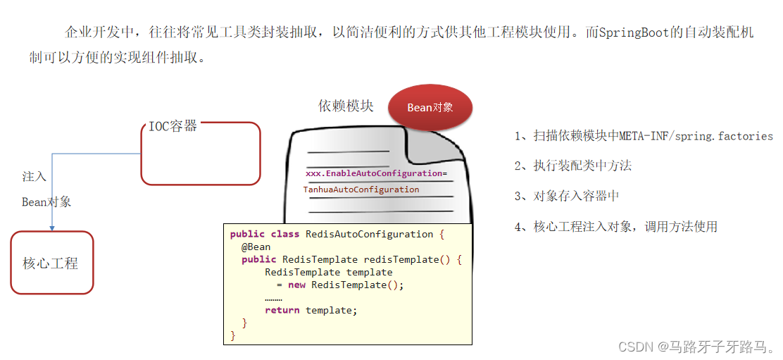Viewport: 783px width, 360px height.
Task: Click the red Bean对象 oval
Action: coord(430,108)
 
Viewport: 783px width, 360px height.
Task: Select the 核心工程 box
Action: coord(52,263)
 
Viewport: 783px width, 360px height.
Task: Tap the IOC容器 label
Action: coord(173,127)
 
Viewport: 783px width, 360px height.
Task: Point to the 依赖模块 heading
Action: coord(346,106)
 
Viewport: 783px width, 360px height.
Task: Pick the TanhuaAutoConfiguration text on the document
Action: coord(361,190)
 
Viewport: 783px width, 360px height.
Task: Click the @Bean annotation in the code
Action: coord(256,247)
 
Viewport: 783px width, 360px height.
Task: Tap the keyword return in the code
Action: coord(282,310)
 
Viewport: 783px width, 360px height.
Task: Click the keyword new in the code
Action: coord(296,285)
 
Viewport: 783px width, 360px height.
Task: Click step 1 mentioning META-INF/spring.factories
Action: coord(644,136)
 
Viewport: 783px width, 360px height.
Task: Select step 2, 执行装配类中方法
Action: coord(572,166)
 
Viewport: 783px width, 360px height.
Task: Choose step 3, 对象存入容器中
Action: coord(567,196)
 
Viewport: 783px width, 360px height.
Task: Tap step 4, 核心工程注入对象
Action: coord(615,226)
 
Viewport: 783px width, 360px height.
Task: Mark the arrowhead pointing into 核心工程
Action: coord(52,227)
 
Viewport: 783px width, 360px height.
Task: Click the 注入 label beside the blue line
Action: coord(35,176)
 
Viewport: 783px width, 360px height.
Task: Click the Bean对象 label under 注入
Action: coord(46,202)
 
